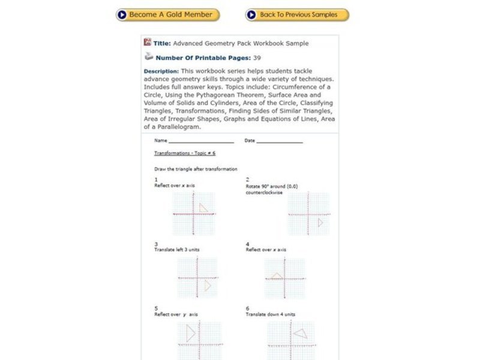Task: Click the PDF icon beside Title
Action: [x=148, y=43]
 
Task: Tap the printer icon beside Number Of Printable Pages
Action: [x=148, y=57]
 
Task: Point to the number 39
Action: [x=257, y=58]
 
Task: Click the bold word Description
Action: [x=161, y=71]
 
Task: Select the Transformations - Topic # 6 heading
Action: [x=181, y=154]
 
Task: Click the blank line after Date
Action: [x=280, y=141]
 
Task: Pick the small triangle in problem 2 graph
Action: [x=320, y=223]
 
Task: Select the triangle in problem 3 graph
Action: [x=207, y=286]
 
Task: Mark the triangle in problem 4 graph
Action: [x=276, y=276]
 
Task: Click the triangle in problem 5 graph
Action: [x=191, y=334]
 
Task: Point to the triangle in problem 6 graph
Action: [x=300, y=334]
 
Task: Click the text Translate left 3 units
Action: [x=177, y=250]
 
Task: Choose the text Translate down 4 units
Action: [x=270, y=314]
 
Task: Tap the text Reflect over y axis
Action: [x=176, y=314]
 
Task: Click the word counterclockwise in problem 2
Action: [x=264, y=193]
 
